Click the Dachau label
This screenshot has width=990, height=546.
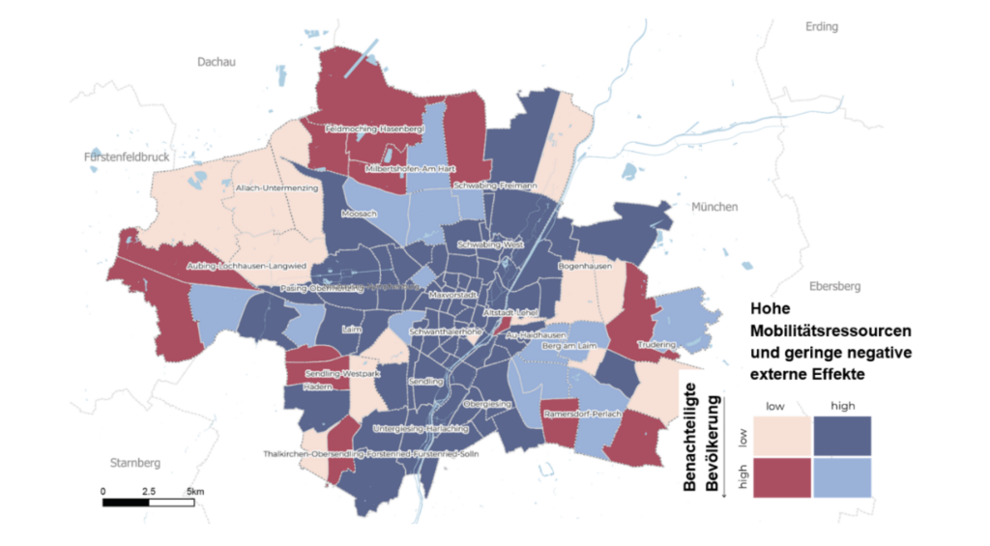point(216,62)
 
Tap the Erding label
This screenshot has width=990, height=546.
point(822,27)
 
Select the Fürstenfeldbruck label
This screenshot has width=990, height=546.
point(126,157)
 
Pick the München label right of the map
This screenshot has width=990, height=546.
point(714,207)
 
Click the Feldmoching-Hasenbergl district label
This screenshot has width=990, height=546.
point(363,128)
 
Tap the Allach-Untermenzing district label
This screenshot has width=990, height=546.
point(277,188)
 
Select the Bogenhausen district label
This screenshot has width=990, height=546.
point(581,265)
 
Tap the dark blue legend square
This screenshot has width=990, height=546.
point(842,435)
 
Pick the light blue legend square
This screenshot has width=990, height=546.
point(842,477)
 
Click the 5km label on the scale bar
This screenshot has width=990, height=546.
point(195,492)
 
